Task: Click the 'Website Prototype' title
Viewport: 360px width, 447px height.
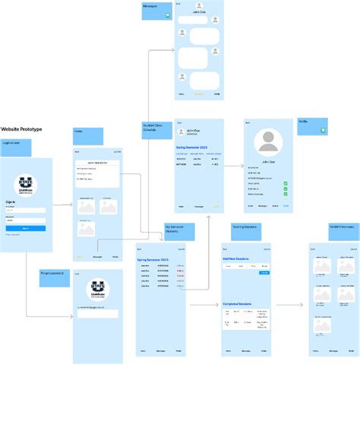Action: [21, 129]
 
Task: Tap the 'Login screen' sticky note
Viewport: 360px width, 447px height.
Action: [15, 147]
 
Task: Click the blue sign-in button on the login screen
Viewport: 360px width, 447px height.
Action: [26, 228]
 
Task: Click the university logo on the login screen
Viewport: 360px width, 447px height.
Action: [26, 187]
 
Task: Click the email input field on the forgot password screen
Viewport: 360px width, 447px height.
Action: [97, 314]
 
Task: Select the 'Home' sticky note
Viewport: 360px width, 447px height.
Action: [87, 136]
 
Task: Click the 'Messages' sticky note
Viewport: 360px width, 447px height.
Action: [156, 11]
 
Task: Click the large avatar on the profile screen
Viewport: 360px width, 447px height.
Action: [268, 143]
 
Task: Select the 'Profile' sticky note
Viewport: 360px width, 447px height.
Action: [312, 126]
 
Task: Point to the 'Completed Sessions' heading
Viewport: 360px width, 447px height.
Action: [237, 304]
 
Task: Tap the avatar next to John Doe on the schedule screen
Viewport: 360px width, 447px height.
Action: [182, 132]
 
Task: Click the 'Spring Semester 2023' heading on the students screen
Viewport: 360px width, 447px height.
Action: [153, 260]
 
